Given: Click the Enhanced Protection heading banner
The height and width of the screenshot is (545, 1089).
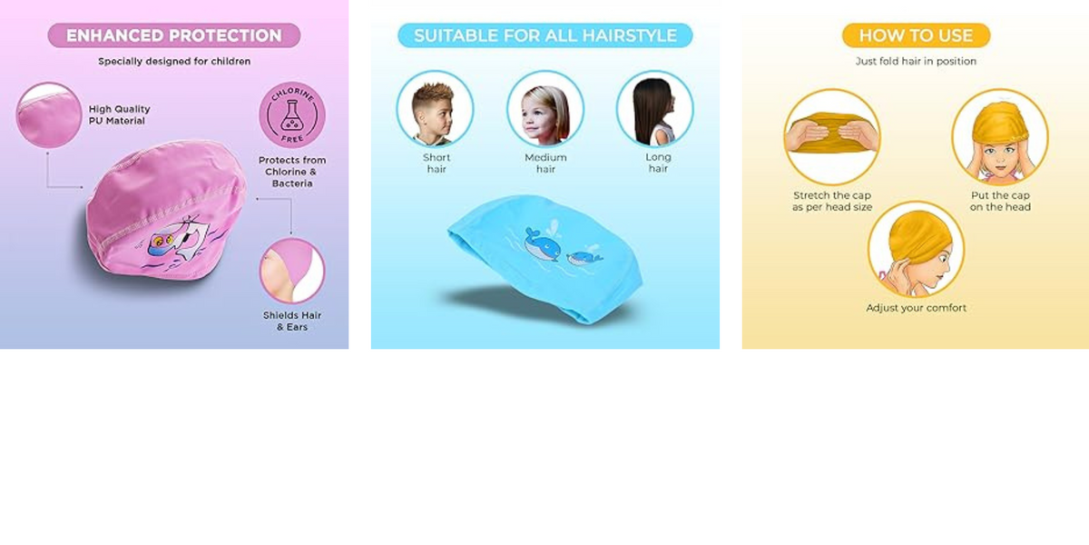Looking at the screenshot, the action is coord(174,35).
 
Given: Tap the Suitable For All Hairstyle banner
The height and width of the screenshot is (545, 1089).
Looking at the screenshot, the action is coord(545,35).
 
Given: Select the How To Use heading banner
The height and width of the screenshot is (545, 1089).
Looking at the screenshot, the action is coord(916,35).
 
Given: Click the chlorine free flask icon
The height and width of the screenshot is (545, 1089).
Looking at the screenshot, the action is coord(292,114).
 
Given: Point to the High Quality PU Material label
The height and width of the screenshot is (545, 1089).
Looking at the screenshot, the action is coord(119,114).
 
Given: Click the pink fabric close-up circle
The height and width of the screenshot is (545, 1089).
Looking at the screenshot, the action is coord(49,115).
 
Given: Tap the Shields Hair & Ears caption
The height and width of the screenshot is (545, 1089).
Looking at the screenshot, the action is coord(292,322).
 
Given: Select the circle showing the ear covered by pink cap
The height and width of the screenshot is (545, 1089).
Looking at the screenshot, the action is coord(292,271).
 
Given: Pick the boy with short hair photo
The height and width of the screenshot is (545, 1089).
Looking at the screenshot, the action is coord(435,108).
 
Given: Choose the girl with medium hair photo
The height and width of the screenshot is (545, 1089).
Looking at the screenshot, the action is coord(545,108).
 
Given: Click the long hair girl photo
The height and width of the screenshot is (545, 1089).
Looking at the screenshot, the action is coord(655,108).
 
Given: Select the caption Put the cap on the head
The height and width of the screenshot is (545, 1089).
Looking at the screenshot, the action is coord(1000,201).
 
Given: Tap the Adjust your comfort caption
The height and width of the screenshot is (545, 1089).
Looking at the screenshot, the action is coord(916,308).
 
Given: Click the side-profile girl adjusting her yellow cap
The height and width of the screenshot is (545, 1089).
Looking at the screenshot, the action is coord(916,250).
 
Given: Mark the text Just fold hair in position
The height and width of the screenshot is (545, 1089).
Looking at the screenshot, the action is coord(916,62).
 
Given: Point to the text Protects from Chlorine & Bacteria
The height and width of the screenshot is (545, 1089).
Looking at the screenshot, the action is coord(292,172).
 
